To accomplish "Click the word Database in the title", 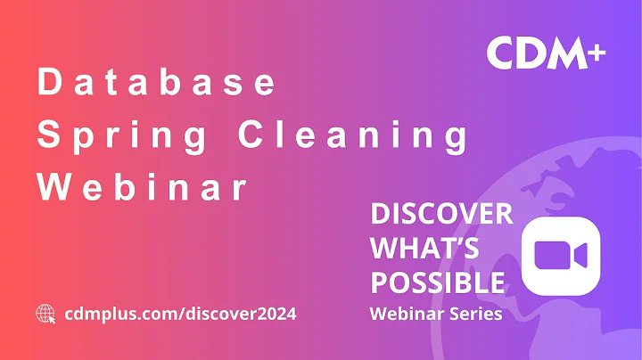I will pos(156,83).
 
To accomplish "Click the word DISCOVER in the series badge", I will pos(441,214).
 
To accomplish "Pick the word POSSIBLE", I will pos(437,282).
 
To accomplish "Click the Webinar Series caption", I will pos(434,314).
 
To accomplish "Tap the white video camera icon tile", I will pos(560,257).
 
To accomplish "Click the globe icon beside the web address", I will pos(45,313).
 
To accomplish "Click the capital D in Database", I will pos(45,83).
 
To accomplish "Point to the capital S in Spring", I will pos(45,136).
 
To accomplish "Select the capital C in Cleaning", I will pos(250,136).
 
